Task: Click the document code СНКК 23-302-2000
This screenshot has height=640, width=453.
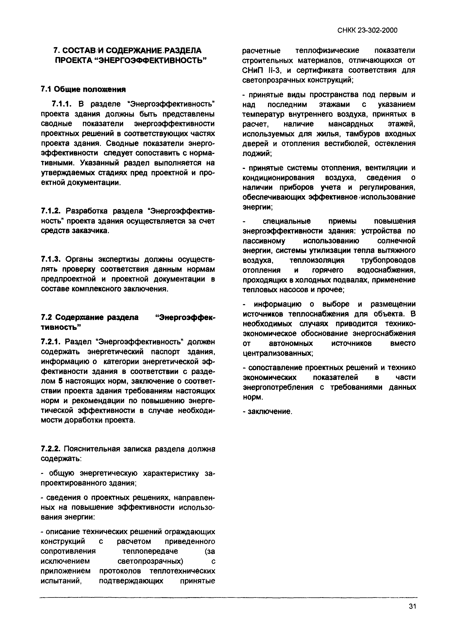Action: tap(367, 30)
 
